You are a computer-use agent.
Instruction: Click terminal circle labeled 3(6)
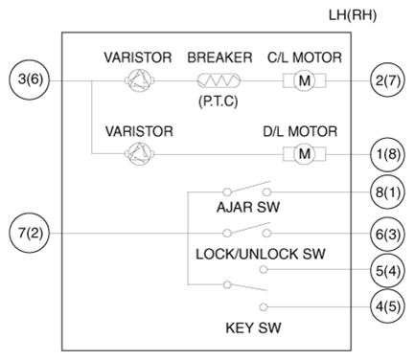coord(30,79)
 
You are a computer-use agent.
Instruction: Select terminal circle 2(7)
coord(387,80)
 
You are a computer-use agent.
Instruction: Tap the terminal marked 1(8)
coord(387,154)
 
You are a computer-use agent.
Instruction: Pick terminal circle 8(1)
coord(387,192)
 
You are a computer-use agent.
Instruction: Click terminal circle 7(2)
coord(30,233)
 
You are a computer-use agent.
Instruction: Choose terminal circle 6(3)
coord(387,234)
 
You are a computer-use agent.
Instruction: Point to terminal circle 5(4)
coord(387,270)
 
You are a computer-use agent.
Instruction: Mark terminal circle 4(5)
coord(387,306)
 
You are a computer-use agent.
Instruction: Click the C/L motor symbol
coord(305,80)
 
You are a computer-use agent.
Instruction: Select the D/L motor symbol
coord(305,154)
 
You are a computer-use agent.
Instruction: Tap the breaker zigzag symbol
coord(219,80)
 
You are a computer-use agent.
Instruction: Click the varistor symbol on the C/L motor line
coord(140,80)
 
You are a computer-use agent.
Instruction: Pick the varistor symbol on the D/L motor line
coord(140,154)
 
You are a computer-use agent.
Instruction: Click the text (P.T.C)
coord(218,101)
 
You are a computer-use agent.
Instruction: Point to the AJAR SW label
coord(248,207)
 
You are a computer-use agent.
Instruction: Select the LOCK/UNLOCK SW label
coord(261,254)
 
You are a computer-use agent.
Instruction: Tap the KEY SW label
coord(253,328)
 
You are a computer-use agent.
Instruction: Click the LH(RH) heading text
coord(353,15)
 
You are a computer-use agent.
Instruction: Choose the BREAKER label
coord(219,57)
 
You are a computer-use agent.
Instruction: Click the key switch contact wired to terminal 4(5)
coord(264,307)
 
